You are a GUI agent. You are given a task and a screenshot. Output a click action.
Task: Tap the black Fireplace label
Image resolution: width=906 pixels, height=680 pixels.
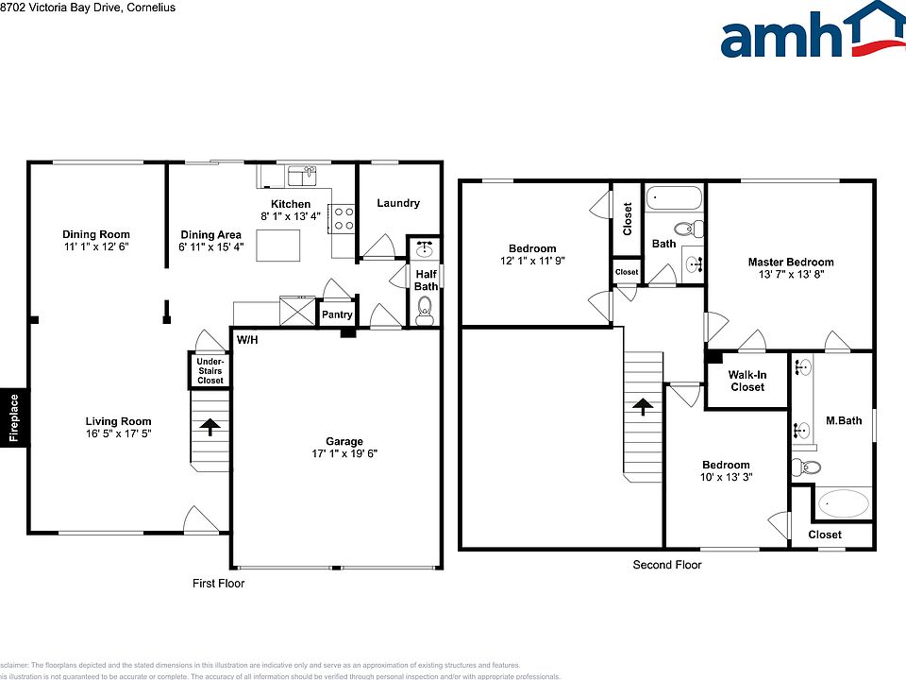click(13, 416)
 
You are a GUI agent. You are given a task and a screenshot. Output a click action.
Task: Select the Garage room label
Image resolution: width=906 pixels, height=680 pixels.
click(344, 441)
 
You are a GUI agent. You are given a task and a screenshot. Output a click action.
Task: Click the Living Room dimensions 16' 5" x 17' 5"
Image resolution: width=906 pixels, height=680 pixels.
click(118, 434)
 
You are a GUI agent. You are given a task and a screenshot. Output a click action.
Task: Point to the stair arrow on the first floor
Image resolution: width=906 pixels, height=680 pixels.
click(210, 428)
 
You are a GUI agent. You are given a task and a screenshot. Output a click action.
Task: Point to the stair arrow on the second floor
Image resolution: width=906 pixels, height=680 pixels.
click(643, 407)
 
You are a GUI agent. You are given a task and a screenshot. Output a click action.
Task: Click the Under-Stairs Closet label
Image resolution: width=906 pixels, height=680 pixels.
click(210, 370)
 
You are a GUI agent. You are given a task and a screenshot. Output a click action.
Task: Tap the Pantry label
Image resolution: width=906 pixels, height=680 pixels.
click(337, 314)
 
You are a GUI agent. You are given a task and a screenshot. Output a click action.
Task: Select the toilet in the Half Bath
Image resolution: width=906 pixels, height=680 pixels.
click(425, 306)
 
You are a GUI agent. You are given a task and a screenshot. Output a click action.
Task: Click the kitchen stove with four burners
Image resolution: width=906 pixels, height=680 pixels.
click(344, 219)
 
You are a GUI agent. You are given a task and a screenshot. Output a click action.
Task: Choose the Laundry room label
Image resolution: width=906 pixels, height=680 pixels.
click(397, 203)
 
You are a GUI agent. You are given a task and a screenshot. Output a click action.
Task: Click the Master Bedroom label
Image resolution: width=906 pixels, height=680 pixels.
click(791, 263)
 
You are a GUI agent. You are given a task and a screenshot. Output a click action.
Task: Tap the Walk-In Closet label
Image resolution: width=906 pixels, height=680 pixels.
click(747, 381)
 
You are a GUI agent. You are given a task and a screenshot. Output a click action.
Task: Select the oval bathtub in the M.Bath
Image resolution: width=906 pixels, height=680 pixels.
click(843, 504)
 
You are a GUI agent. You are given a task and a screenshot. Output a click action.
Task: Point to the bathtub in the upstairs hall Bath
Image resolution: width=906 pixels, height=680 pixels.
click(674, 199)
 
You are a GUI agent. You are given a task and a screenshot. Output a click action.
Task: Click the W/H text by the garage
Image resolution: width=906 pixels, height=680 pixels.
click(247, 339)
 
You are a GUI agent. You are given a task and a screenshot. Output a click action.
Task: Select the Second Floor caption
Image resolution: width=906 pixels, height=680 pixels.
click(666, 565)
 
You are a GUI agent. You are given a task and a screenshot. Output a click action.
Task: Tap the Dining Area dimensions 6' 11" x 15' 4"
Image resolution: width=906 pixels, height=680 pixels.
click(211, 247)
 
